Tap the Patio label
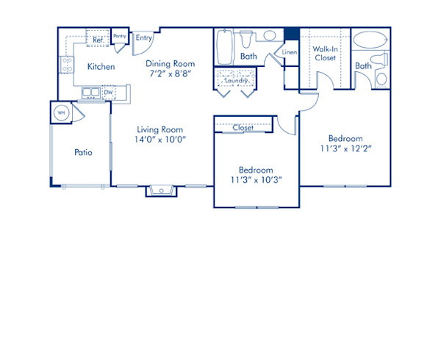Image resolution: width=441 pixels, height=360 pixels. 83,153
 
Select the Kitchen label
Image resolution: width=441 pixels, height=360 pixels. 101,67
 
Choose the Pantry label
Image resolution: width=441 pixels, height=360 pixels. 120,36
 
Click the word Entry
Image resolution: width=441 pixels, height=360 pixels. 144,38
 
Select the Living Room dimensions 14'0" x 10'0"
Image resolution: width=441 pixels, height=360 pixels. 158,139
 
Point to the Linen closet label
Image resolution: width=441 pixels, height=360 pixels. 289,53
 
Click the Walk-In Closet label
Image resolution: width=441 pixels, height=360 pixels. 324,53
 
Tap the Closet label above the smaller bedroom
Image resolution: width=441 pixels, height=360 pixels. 243,127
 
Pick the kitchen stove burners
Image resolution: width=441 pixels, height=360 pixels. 65,65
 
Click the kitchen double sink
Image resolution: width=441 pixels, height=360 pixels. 91,93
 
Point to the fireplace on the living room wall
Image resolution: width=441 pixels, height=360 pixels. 160,191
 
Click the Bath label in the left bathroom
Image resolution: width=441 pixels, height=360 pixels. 248,56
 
